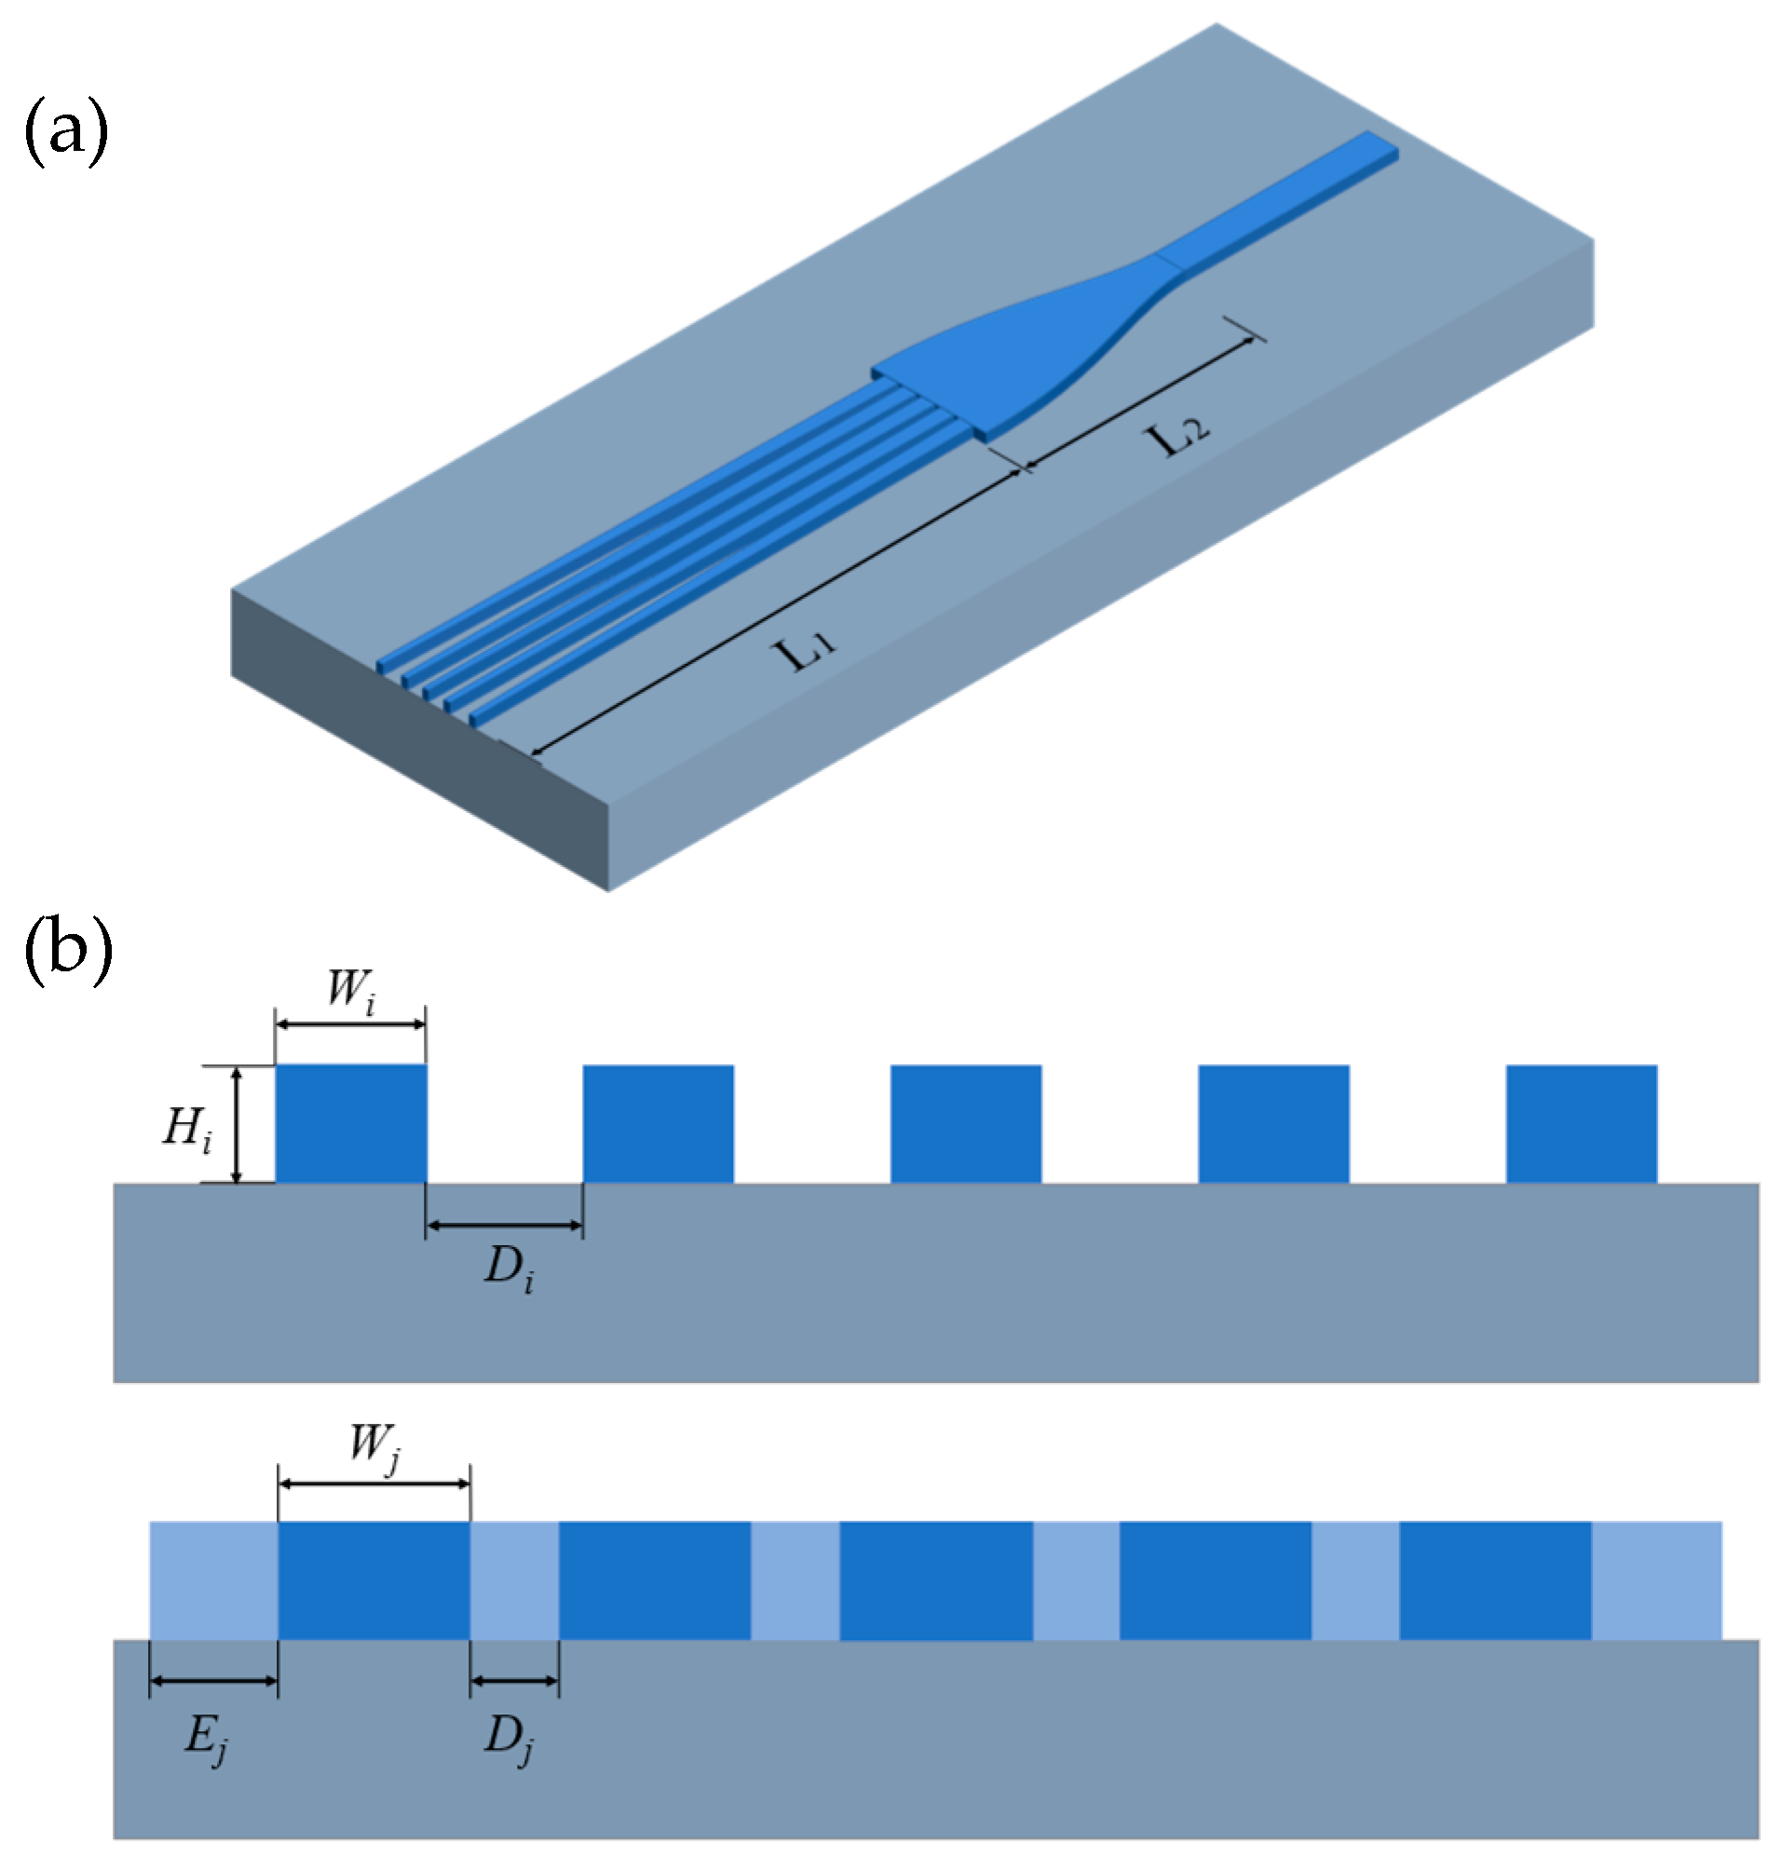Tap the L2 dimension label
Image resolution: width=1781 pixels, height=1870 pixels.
click(x=1178, y=437)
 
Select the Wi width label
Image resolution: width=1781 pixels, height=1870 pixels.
click(x=351, y=990)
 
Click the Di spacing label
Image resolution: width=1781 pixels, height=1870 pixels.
click(x=509, y=1268)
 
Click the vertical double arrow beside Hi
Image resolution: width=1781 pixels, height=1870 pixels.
click(x=238, y=1125)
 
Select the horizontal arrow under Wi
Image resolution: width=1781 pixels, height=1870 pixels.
click(x=350, y=1024)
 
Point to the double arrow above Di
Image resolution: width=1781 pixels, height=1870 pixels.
click(x=504, y=1226)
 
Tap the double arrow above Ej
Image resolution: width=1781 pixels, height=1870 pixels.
click(x=213, y=1681)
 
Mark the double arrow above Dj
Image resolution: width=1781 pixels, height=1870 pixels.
click(x=514, y=1681)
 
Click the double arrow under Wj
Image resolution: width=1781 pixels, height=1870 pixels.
click(x=374, y=1484)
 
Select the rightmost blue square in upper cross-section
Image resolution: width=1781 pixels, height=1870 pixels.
click(x=1581, y=1124)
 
